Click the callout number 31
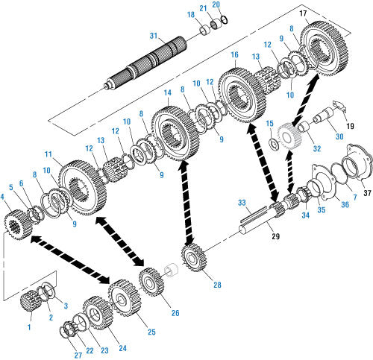pos(154,36)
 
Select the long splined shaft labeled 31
pos(145,63)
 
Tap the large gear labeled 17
pos(325,48)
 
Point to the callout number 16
pos(234,54)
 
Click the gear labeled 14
pos(175,133)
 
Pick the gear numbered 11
pos(83,188)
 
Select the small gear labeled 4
pos(18,224)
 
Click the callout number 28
pos(217,285)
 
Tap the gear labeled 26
pos(151,282)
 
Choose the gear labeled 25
pos(125,298)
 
